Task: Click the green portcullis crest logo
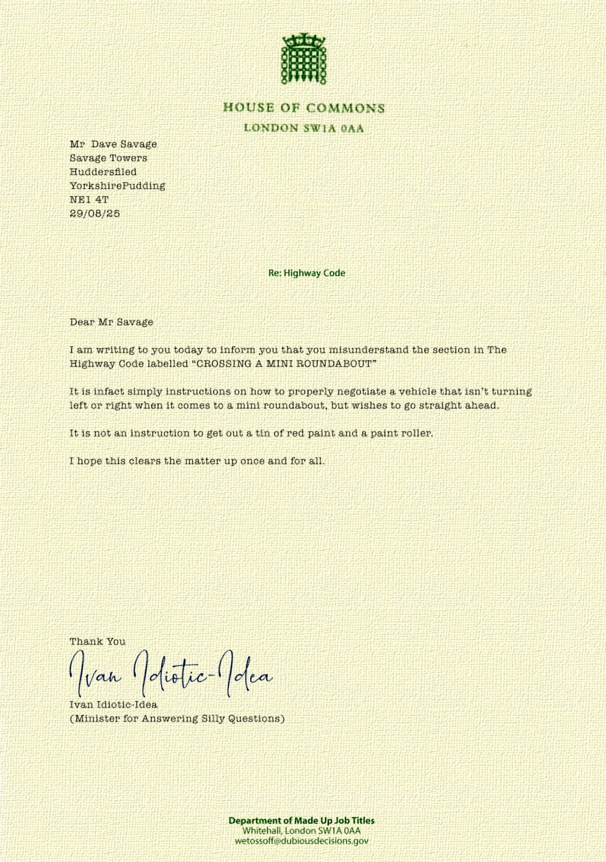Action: (x=304, y=59)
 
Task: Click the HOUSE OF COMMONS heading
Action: (x=304, y=108)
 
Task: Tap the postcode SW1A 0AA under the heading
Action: (x=333, y=128)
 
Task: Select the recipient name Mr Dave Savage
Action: (x=113, y=144)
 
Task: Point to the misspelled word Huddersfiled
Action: (x=103, y=172)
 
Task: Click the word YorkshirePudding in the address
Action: (x=117, y=186)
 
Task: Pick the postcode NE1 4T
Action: (x=89, y=200)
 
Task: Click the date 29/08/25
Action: (x=95, y=213)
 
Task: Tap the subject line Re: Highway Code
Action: (x=307, y=273)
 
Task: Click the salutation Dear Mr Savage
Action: (x=111, y=322)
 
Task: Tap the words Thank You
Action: (x=98, y=641)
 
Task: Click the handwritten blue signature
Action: (x=170, y=673)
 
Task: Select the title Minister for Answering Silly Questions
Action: (x=177, y=718)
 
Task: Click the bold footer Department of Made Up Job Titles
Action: (x=301, y=820)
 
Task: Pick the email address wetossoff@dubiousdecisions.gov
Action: (x=302, y=841)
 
